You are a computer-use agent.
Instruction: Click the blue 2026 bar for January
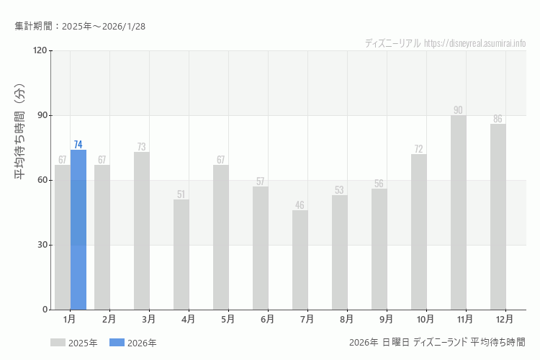pyautogui.click(x=78, y=230)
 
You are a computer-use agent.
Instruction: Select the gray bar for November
pyautogui.click(x=459, y=212)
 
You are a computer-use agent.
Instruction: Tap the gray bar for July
pyautogui.click(x=300, y=260)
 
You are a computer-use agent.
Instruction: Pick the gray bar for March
pyautogui.click(x=142, y=230)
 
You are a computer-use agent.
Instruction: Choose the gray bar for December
pyautogui.click(x=498, y=217)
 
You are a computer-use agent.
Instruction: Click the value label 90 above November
pyautogui.click(x=458, y=110)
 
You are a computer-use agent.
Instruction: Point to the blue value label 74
pyautogui.click(x=78, y=145)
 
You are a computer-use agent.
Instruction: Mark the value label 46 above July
pyautogui.click(x=300, y=205)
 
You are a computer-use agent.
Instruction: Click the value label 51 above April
pyautogui.click(x=181, y=194)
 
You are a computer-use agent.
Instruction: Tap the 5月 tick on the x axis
pyautogui.click(x=228, y=318)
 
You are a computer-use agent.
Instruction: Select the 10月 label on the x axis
pyautogui.click(x=426, y=318)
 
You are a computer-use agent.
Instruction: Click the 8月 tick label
pyautogui.click(x=346, y=318)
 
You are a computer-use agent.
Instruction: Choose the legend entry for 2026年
pyautogui.click(x=133, y=343)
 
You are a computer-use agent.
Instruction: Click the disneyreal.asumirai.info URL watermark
pyautogui.click(x=474, y=43)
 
